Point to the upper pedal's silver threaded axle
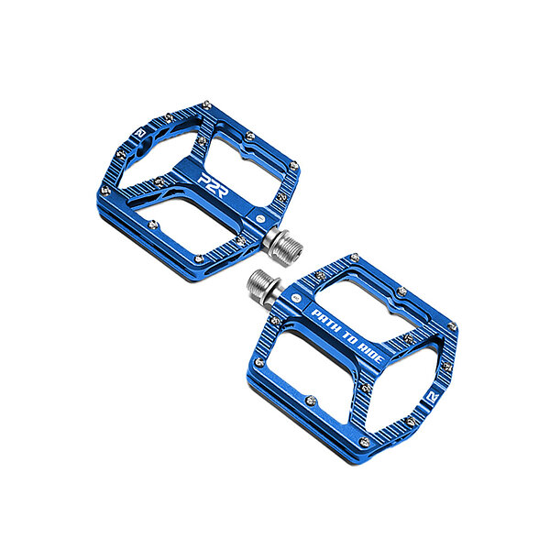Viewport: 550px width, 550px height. (282, 246)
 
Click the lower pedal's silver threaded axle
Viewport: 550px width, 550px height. (263, 283)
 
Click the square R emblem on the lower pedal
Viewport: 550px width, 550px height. (434, 398)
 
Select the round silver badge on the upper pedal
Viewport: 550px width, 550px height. (261, 219)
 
